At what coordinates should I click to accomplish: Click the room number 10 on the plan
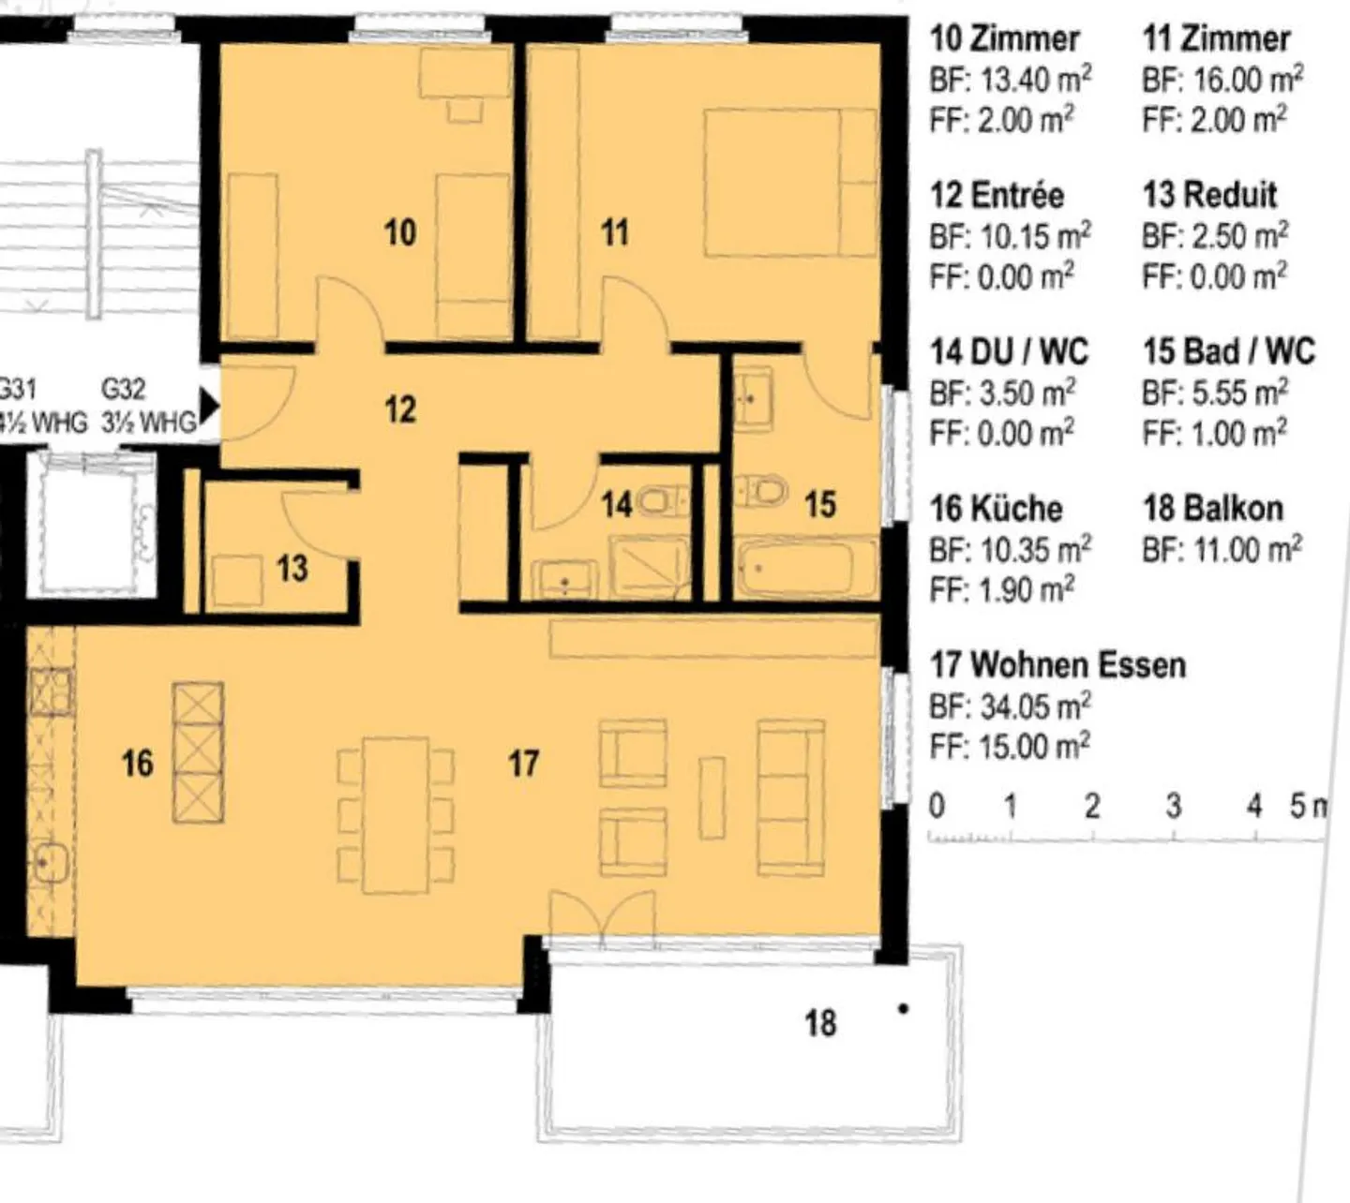400,232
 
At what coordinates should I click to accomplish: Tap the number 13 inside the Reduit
292,569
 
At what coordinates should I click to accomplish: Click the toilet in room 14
662,501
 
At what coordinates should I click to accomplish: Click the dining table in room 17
395,815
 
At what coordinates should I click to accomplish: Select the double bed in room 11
790,183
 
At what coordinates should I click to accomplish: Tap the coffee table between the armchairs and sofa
712,797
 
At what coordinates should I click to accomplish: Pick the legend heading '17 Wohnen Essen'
1057,665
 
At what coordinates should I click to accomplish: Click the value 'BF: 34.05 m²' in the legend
1011,706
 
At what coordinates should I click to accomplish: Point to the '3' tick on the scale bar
1174,807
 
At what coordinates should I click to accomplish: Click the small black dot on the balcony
903,1009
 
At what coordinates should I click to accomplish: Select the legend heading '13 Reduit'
1209,195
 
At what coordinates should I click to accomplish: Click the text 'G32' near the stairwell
123,388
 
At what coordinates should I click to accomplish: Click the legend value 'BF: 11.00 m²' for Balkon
1222,550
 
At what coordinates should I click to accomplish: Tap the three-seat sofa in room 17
790,797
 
